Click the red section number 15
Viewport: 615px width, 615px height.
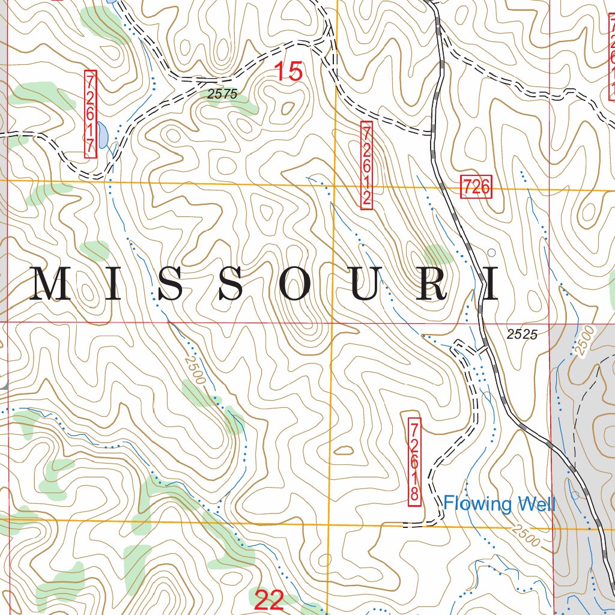289,71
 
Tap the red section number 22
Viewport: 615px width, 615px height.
269,599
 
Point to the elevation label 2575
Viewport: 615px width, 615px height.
223,94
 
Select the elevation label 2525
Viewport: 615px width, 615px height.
521,335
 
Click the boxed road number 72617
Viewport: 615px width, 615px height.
91,114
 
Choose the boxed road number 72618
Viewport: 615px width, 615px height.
414,461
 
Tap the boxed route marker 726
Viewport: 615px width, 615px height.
476,187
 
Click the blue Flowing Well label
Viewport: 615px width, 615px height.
499,503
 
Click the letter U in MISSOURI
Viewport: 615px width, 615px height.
364,285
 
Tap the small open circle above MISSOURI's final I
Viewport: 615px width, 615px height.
492,252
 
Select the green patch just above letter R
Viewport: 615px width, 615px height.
437,255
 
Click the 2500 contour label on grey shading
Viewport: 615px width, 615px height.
582,342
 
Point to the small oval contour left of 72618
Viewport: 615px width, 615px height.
343,450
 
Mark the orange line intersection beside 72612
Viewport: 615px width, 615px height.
335,183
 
